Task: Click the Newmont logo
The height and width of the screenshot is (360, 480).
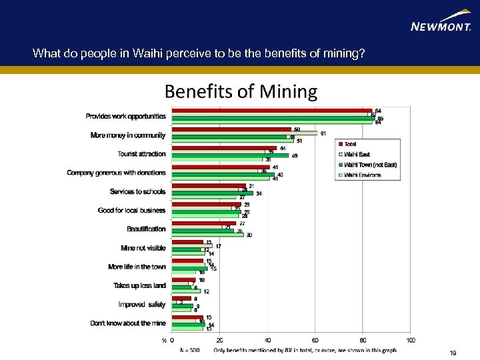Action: [441, 24]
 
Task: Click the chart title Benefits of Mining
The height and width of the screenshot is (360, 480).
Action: [241, 91]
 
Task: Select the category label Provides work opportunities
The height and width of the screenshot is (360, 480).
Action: [125, 116]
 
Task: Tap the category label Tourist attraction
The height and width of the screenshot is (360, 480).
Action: [141, 154]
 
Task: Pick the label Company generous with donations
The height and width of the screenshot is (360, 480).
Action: [116, 173]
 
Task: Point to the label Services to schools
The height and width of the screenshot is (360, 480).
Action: [137, 191]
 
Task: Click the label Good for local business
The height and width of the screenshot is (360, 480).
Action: [131, 210]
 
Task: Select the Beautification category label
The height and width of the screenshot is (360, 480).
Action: [146, 229]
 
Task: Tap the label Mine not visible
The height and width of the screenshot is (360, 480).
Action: [143, 248]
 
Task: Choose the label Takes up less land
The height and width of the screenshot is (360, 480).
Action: [139, 285]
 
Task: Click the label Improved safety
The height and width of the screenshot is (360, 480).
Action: [142, 304]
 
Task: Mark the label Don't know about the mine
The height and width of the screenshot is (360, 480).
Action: [128, 323]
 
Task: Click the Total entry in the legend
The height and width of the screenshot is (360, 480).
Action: [350, 144]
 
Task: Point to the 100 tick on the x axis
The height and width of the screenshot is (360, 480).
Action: [410, 340]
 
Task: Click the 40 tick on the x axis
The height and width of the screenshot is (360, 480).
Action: [267, 340]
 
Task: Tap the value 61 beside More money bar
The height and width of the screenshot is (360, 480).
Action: [323, 133]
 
